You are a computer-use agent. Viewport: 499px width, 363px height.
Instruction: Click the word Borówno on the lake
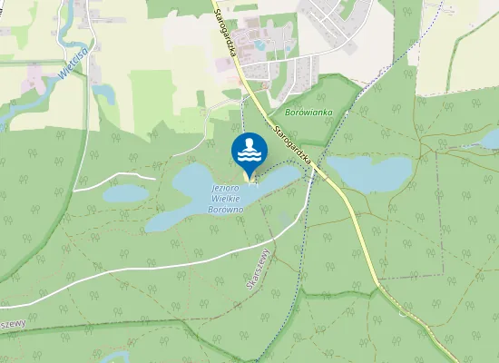click(x=225, y=209)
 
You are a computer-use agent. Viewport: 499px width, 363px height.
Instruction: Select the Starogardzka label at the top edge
click(x=225, y=32)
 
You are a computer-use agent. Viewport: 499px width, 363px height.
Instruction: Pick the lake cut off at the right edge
click(x=491, y=140)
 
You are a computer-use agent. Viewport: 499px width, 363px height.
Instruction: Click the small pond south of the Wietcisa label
click(x=102, y=93)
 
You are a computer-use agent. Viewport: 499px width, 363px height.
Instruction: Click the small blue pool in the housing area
click(x=261, y=44)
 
